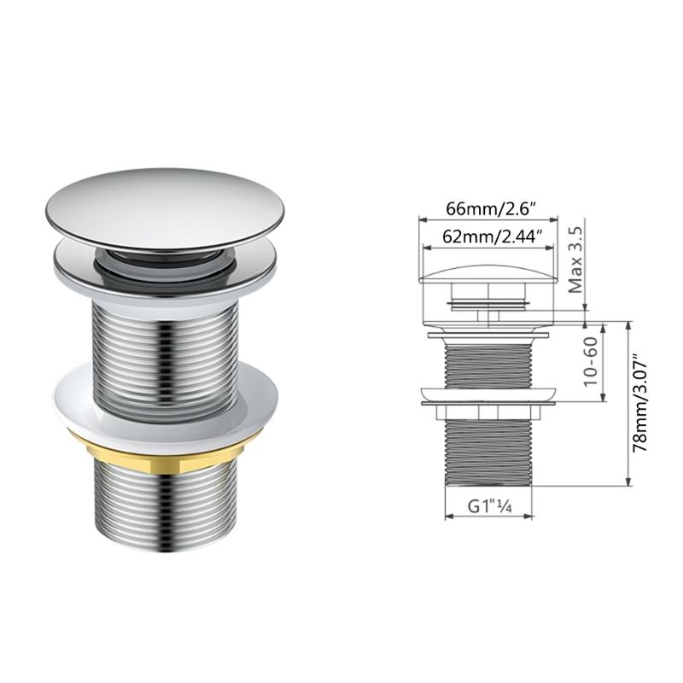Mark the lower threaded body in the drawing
pyautogui.click(x=489, y=452)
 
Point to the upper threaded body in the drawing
pyautogui.click(x=489, y=363)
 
